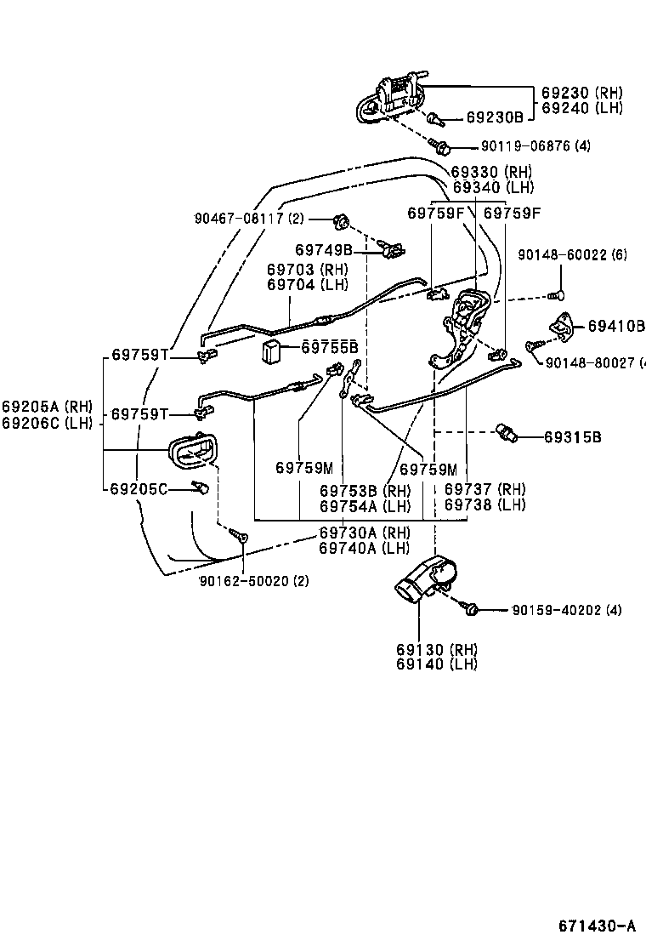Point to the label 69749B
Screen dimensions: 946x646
(324, 249)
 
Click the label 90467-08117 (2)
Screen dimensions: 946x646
(248, 219)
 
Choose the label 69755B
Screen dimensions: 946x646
(330, 347)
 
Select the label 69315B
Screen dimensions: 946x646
(573, 437)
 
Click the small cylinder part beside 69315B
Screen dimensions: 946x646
(507, 435)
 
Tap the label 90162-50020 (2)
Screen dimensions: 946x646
(253, 581)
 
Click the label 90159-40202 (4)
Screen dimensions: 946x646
(567, 610)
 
